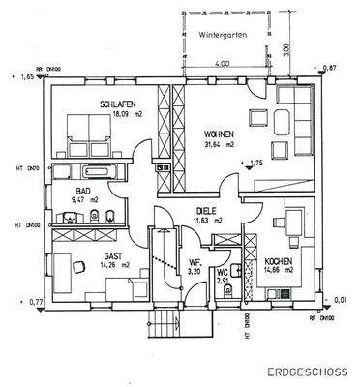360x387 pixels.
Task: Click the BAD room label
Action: point(83,191)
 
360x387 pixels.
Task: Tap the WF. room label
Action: point(195,262)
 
